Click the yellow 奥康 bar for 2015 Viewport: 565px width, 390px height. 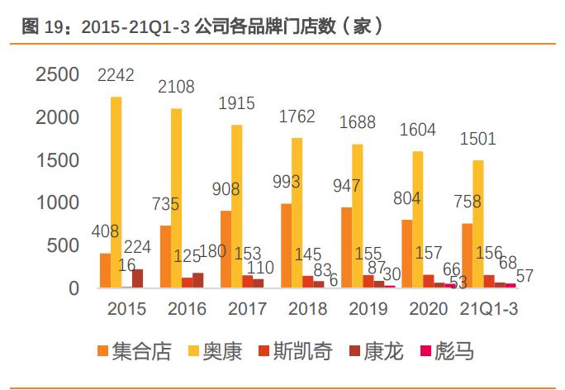point(116,193)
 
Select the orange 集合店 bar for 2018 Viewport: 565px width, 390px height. point(287,245)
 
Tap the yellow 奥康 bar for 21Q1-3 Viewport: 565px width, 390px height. point(478,224)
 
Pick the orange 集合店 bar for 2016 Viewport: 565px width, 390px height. point(165,257)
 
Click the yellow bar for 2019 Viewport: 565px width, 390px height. point(358,216)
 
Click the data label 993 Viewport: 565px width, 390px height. point(285,182)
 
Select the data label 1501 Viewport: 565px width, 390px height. point(477,138)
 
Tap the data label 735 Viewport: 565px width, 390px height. point(164,203)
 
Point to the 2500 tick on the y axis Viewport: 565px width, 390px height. point(57,75)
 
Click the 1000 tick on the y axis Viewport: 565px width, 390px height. point(57,203)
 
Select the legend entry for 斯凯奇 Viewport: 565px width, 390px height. point(300,352)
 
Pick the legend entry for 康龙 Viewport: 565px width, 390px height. point(380,352)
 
